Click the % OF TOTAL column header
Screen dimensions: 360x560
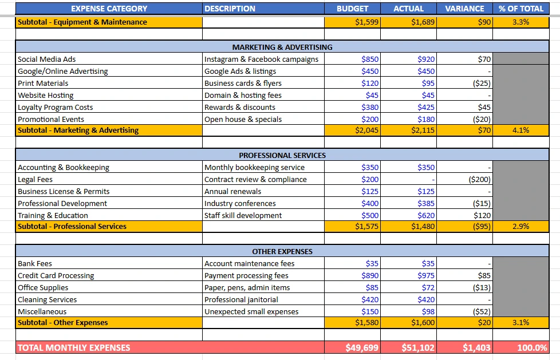coord(520,9)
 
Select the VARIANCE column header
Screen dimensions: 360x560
coord(464,9)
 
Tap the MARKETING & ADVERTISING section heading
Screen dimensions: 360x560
coord(282,47)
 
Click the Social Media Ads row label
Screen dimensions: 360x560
coord(47,59)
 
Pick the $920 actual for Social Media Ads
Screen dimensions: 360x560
coord(426,59)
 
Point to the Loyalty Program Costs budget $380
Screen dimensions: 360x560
coord(370,107)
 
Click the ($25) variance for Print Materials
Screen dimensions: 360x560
coord(482,83)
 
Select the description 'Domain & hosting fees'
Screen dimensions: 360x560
coord(243,95)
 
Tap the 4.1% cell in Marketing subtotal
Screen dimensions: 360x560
coord(520,130)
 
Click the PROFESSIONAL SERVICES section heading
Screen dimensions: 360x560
coord(282,155)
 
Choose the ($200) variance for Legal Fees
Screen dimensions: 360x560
coord(479,179)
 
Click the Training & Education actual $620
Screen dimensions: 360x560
coord(426,215)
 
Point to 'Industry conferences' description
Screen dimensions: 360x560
coord(240,203)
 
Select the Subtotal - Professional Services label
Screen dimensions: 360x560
coord(72,227)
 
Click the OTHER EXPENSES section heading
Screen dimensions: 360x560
coord(282,251)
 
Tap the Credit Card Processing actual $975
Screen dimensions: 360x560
coord(426,275)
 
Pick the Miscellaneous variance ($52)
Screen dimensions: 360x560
coord(482,311)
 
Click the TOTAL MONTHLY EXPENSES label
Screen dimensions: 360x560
coord(74,347)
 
